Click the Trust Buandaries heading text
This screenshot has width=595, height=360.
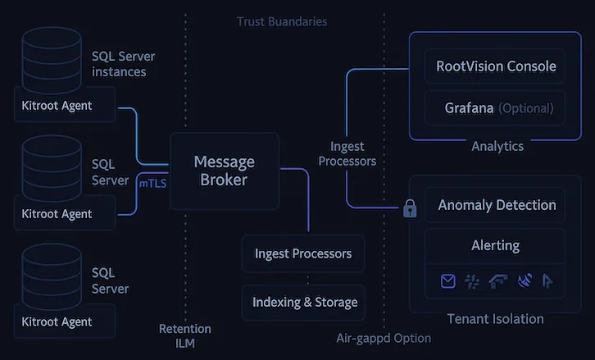[x=282, y=21]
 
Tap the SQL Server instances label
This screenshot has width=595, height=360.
[x=123, y=64]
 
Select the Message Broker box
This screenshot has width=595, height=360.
[x=224, y=171]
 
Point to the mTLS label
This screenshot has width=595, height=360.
[x=152, y=184]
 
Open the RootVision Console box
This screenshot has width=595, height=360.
[x=496, y=66]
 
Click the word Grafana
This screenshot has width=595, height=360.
[x=469, y=108]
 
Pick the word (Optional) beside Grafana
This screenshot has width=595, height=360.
[x=525, y=108]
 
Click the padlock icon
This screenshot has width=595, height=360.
[x=410, y=209]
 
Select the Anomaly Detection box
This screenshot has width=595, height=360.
[x=496, y=205]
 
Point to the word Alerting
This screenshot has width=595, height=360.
[x=495, y=245]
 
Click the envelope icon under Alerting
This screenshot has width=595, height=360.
[x=447, y=281]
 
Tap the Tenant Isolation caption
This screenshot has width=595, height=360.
[x=495, y=318]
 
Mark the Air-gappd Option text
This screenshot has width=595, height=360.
[x=384, y=338]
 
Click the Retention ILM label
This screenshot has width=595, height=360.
[x=184, y=335]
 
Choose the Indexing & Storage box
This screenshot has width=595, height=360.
[x=304, y=303]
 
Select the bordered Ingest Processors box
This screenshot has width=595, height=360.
[x=303, y=253]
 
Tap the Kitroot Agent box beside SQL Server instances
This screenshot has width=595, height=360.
[x=57, y=105]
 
